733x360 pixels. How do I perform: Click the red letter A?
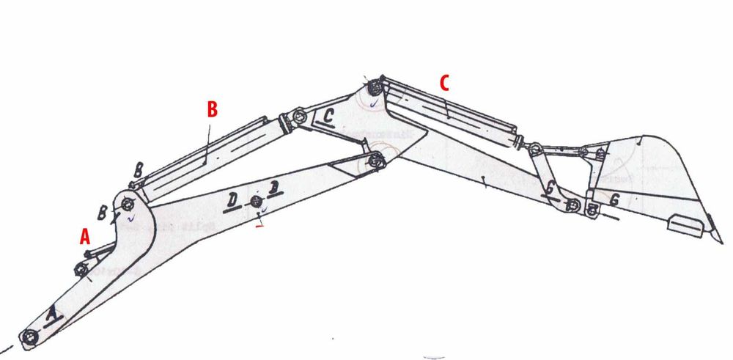point(84,236)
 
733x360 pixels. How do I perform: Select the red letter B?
point(212,109)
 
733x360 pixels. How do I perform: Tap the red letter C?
point(444,83)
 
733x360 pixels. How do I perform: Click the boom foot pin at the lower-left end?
point(29,337)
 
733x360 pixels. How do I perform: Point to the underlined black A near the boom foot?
point(51,315)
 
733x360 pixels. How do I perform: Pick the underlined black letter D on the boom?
point(232,199)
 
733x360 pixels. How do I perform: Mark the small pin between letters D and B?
point(256,202)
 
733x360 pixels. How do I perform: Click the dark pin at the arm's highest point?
point(374,87)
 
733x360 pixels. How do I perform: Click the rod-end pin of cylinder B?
point(298,117)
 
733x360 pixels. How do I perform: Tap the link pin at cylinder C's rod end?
point(536,149)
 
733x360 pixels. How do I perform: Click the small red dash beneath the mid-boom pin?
point(258,226)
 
